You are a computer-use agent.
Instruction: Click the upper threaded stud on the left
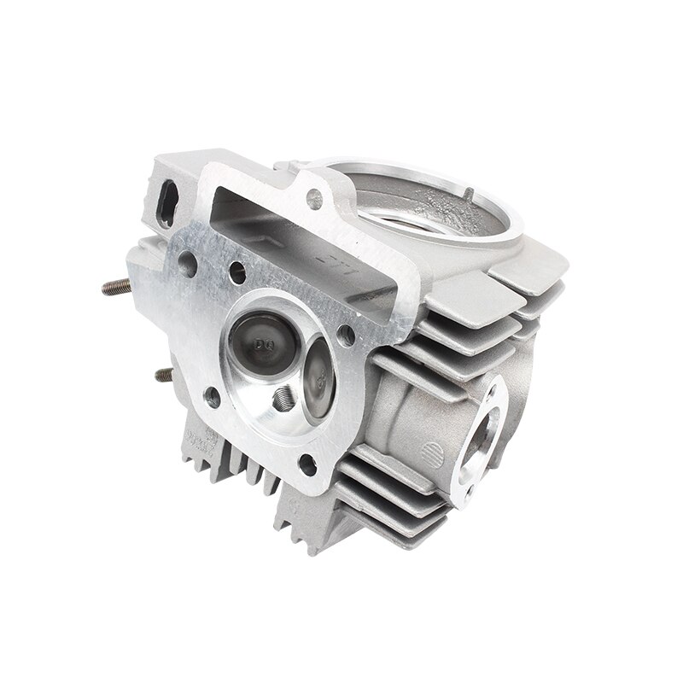(113, 286)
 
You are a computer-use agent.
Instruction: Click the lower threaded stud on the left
(162, 374)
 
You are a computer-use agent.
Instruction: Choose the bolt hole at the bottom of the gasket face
(309, 464)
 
